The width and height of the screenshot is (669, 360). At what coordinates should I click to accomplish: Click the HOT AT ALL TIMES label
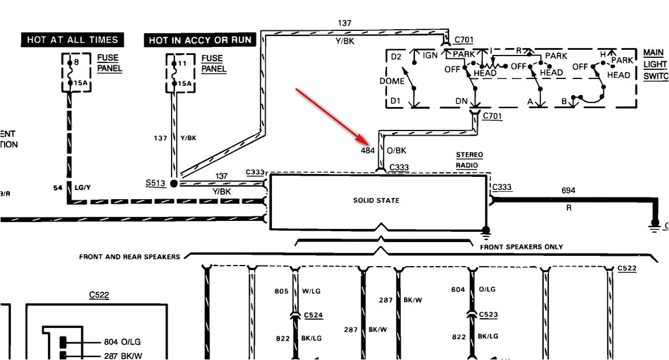click(73, 39)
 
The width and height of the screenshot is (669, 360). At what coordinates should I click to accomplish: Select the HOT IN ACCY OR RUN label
click(200, 40)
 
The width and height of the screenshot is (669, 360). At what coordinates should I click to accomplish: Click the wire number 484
click(367, 151)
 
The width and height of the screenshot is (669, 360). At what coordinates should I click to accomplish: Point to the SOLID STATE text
click(376, 200)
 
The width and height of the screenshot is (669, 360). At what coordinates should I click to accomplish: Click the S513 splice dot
click(174, 183)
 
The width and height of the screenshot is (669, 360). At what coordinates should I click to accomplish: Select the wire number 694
click(568, 191)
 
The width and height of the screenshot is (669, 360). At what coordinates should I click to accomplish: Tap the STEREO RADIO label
click(469, 160)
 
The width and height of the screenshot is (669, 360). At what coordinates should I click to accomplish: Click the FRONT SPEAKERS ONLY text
click(521, 247)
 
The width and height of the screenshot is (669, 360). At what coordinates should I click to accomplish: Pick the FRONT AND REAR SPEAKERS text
click(129, 257)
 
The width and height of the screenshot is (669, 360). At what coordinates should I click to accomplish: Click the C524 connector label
click(313, 315)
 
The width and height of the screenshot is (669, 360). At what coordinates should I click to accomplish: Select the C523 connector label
click(488, 315)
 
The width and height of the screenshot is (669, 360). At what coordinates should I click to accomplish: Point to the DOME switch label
click(391, 81)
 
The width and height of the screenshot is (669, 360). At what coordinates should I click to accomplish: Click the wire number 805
click(282, 291)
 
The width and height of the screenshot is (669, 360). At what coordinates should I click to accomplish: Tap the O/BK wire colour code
click(397, 151)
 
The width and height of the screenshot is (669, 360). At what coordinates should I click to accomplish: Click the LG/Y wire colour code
click(82, 187)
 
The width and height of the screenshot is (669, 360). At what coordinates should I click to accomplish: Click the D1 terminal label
click(396, 101)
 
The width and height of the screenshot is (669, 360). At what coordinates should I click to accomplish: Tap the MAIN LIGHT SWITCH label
click(655, 64)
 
